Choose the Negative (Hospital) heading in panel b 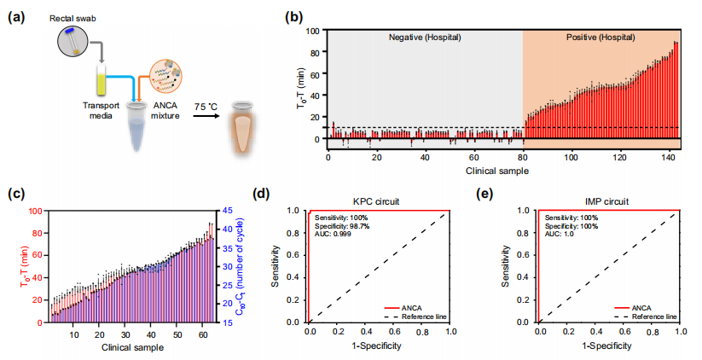[x=425, y=38]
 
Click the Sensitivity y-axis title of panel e [x=508, y=266]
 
